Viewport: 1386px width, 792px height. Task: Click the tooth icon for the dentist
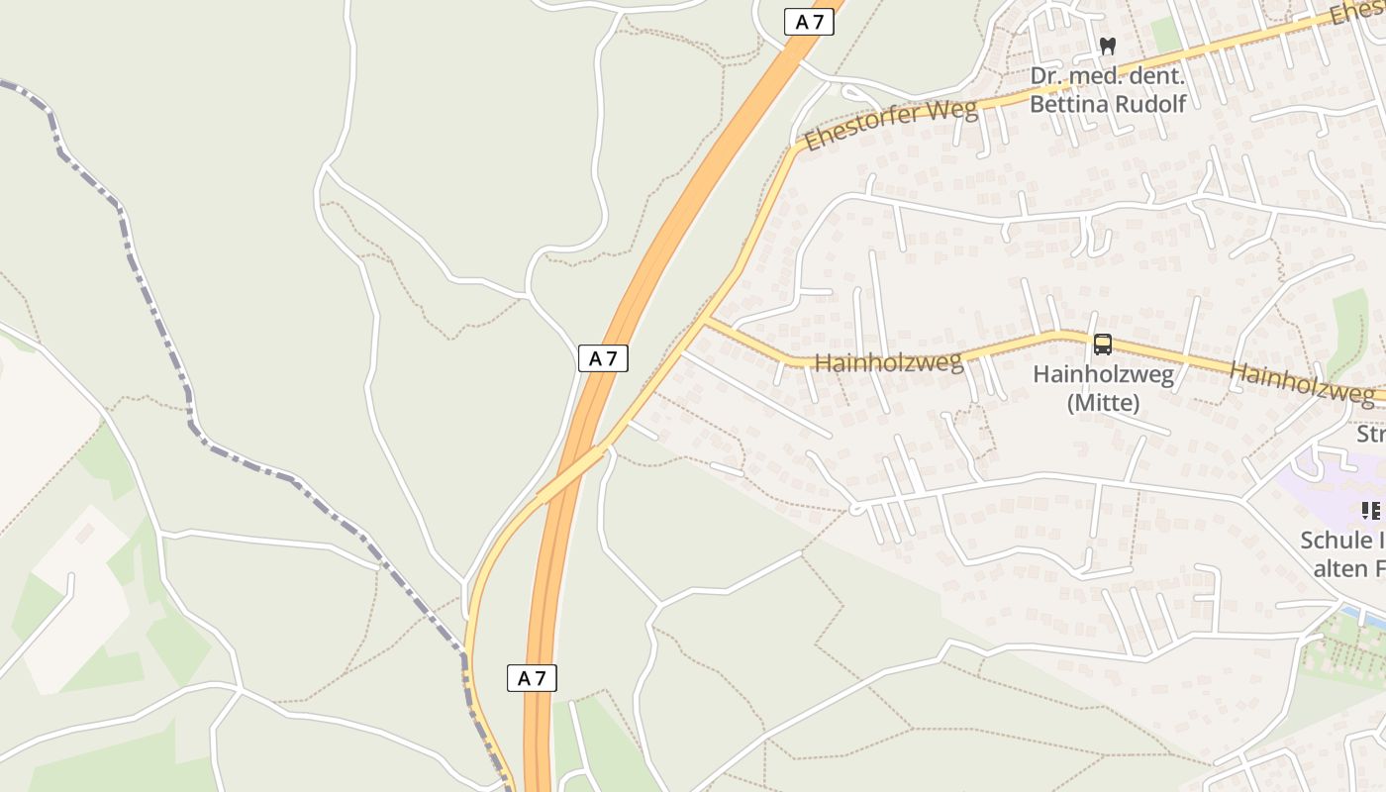[1108, 46]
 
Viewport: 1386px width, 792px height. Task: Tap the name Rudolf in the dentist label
[1149, 104]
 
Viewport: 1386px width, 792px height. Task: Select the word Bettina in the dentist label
[1068, 104]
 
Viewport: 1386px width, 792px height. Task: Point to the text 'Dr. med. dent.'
[1106, 76]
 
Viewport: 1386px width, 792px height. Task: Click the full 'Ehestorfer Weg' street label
[890, 125]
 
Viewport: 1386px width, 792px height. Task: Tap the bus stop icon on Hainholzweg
[1102, 345]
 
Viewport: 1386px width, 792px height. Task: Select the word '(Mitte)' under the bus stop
[1103, 404]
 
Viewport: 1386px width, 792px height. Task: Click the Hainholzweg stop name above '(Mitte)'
[1103, 375]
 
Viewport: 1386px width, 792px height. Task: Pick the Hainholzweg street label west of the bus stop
[888, 362]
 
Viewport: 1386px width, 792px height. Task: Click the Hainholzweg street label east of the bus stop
[1301, 381]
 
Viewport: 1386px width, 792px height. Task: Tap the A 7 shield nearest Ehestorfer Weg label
[809, 22]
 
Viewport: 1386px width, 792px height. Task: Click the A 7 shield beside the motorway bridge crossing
[603, 358]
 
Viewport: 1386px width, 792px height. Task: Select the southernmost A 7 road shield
[532, 678]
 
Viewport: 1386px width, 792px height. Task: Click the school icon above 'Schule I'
[1370, 511]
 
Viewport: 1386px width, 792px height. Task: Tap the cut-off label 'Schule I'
[1342, 541]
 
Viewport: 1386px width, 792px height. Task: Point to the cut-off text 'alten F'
[1348, 568]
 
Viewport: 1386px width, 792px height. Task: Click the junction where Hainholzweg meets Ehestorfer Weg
[705, 321]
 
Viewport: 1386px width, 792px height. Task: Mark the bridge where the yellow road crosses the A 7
[571, 473]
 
